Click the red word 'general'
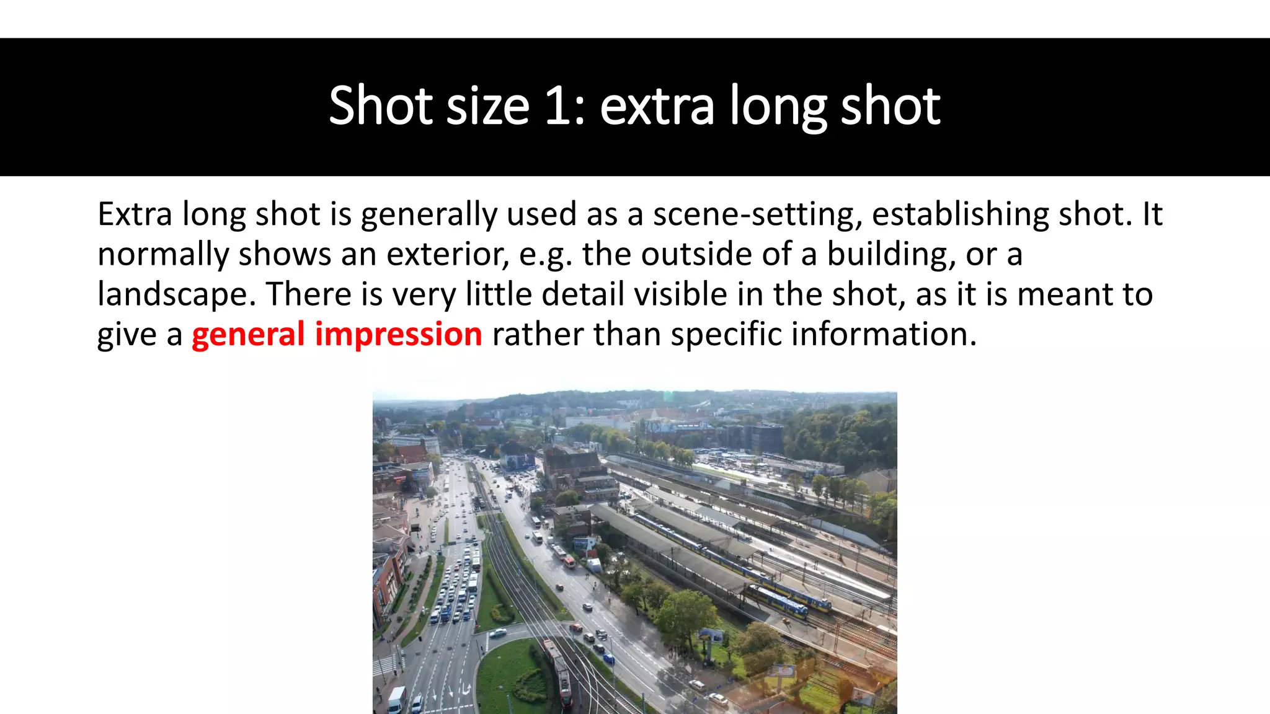coord(248,334)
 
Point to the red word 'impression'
coord(399,334)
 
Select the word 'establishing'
coord(961,214)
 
